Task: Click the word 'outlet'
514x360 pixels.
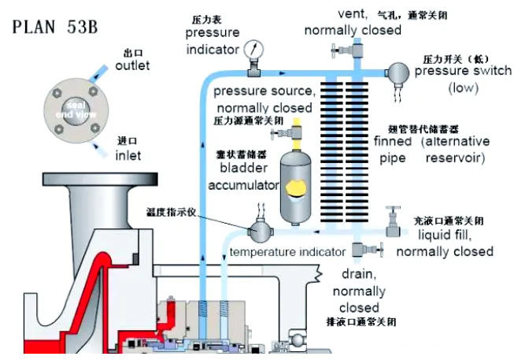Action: pyautogui.click(x=131, y=66)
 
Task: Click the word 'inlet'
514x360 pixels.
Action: pyautogui.click(x=128, y=155)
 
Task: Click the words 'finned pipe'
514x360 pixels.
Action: pyautogui.click(x=393, y=150)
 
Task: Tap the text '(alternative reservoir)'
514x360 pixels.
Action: pyautogui.click(x=453, y=150)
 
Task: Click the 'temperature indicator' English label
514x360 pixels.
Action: pyautogui.click(x=287, y=252)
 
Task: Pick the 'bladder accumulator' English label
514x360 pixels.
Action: pyautogui.click(x=243, y=178)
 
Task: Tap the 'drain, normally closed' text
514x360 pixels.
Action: pyautogui.click(x=359, y=291)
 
